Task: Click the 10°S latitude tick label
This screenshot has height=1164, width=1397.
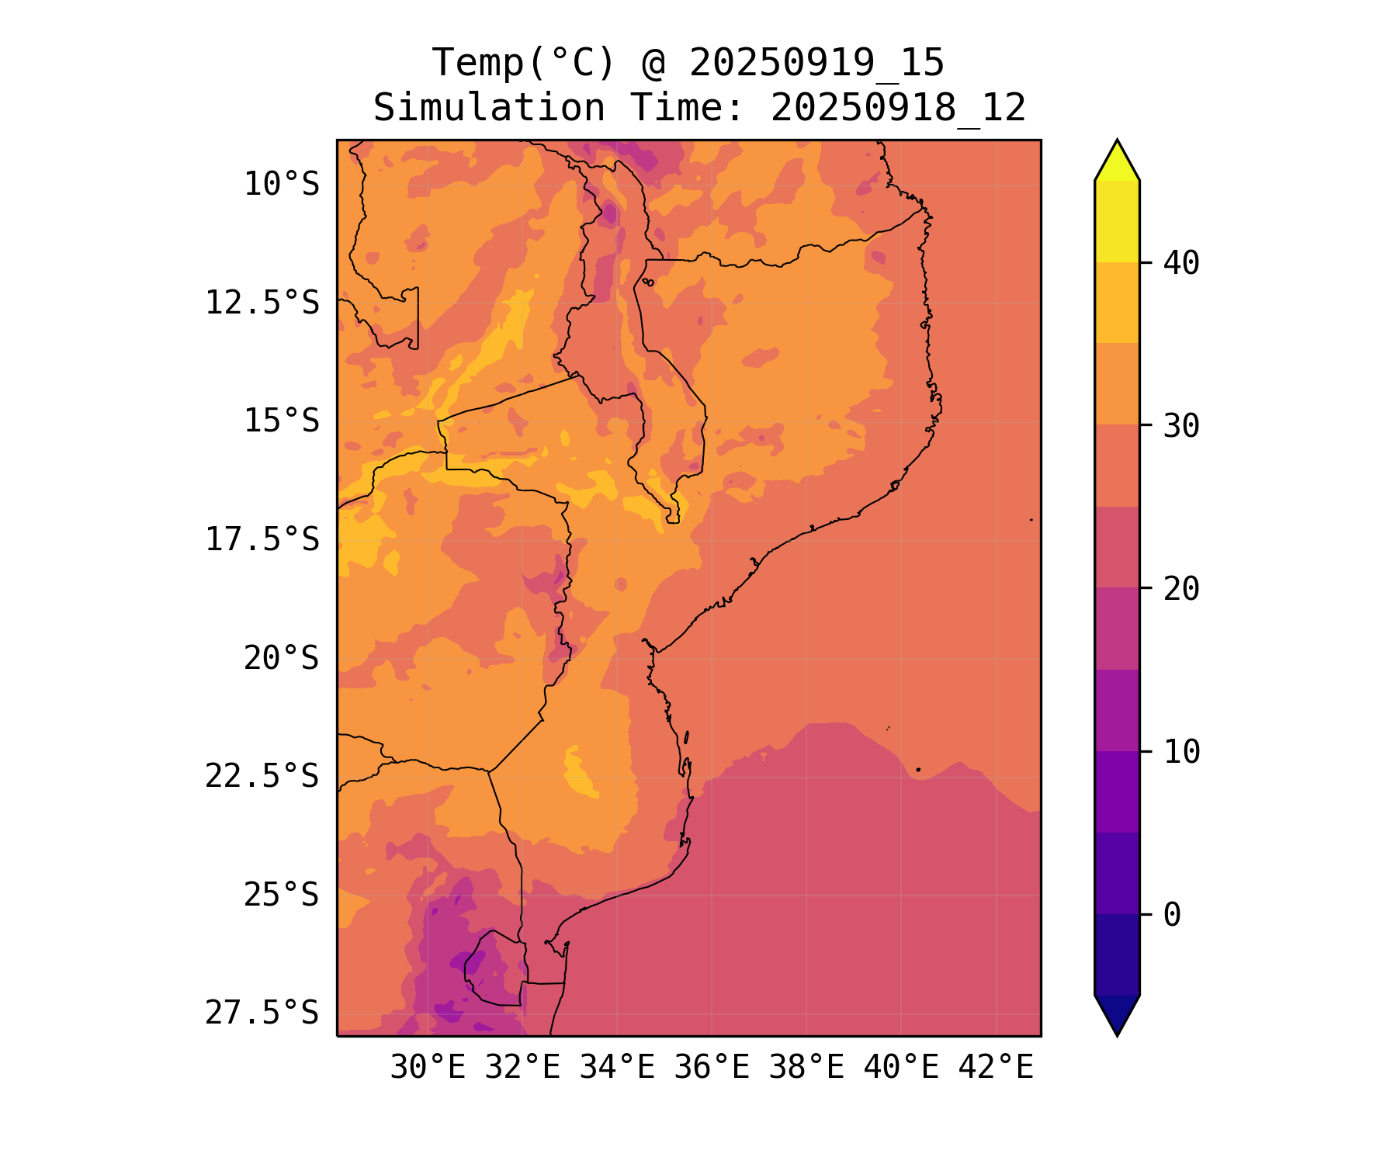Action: coord(281,185)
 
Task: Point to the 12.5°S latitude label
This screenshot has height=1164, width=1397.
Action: coord(262,303)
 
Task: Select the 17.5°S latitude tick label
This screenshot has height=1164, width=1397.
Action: coord(262,540)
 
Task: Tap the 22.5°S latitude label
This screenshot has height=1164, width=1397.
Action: coord(262,777)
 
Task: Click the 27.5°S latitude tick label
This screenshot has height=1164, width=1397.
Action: coord(262,1013)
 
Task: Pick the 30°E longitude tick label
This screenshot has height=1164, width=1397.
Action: coord(428,1069)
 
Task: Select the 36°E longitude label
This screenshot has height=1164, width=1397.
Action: coord(712,1069)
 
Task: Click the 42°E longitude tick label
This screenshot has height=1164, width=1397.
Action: coord(996,1069)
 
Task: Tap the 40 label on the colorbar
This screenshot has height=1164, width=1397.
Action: coord(1181,264)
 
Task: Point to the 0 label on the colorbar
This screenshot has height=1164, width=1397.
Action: coord(1172,916)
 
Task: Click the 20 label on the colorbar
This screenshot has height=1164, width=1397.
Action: coord(1181,590)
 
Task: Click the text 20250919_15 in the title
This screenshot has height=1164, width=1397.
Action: coord(816,63)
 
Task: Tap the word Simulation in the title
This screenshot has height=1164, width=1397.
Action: coord(488,108)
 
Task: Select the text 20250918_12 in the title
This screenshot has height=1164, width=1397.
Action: coord(898,108)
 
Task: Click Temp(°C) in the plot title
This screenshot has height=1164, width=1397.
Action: coord(523,63)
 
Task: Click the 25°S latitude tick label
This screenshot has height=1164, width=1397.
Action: coord(281,896)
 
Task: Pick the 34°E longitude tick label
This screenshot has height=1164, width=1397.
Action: coord(617,1069)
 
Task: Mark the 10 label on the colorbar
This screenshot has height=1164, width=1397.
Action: coord(1181,753)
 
